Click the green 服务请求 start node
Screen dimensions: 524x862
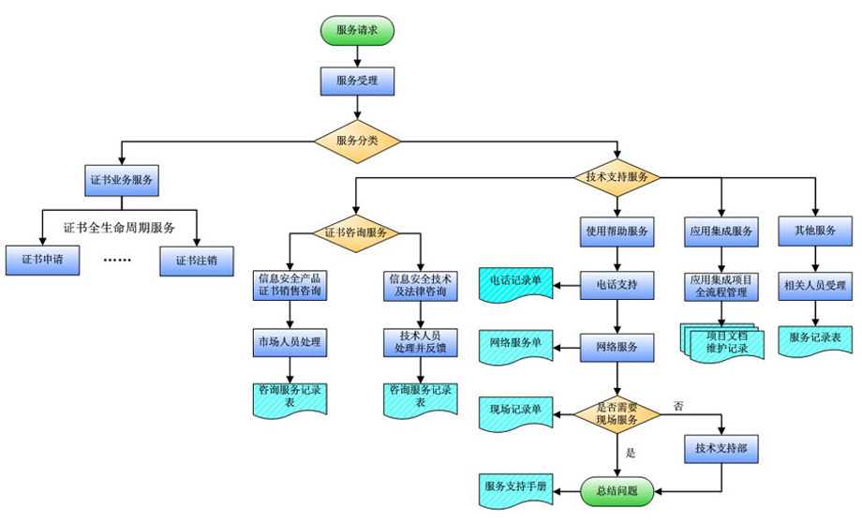pos(356,29)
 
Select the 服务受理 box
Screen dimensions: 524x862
pos(356,81)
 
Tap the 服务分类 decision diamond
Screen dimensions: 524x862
pos(357,141)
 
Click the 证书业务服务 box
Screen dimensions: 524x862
pos(122,179)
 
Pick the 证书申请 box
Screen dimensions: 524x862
pos(40,259)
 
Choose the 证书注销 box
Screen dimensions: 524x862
pos(197,259)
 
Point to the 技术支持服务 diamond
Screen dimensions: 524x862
pos(617,176)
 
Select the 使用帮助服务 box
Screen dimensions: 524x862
pos(617,231)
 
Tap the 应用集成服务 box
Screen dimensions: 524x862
pos(721,231)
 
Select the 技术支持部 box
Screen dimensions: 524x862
pos(721,449)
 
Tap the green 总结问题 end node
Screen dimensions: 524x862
pos(617,489)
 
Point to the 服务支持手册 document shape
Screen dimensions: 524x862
pos(514,488)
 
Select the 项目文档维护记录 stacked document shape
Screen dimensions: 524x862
pos(720,342)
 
